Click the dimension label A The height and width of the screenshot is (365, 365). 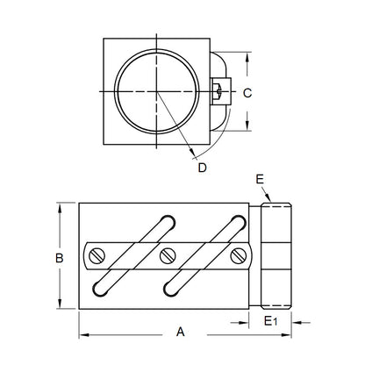[x=181, y=333]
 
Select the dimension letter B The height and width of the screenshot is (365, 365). [x=59, y=258]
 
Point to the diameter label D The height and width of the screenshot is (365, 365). [x=202, y=168]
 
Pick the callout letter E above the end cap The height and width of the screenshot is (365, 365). [x=260, y=178]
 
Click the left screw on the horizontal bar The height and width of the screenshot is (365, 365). [x=97, y=256]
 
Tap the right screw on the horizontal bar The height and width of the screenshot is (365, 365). [x=240, y=256]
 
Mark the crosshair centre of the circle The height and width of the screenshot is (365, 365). [x=159, y=91]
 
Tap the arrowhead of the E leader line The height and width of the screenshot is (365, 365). [x=275, y=200]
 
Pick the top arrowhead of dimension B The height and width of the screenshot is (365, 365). [x=59, y=206]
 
